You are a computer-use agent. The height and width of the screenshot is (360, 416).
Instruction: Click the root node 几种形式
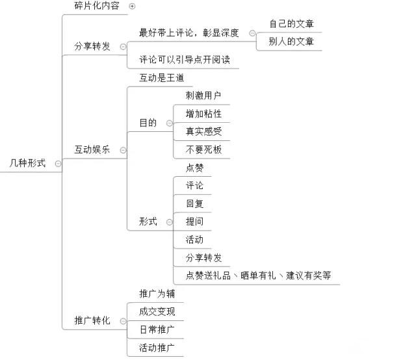pos(27,164)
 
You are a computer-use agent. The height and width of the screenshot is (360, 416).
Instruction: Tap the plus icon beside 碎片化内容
pos(133,6)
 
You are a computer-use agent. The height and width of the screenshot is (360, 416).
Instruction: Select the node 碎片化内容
pos(96,6)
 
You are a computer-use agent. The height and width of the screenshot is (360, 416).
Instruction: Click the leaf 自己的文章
pos(292,24)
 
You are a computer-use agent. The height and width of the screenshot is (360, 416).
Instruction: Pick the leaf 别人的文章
pos(292,42)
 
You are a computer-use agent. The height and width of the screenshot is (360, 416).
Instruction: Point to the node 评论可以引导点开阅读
pos(185,60)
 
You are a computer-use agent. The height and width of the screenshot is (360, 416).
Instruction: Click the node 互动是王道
pos(162,78)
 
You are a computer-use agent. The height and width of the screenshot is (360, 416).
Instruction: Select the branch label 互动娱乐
pos(92,149)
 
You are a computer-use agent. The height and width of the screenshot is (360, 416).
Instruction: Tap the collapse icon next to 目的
pos(169,123)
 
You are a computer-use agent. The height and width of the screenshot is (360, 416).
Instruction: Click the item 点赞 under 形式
pos(194,167)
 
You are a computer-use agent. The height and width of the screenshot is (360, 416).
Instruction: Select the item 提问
pos(194,222)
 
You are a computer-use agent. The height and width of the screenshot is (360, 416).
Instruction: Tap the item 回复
pos(194,203)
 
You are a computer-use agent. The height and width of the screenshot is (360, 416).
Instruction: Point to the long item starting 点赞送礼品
pos(258,276)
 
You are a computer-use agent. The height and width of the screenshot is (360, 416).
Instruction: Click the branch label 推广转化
pos(92,320)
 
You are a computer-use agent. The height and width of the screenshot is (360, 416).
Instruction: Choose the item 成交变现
pos(157,311)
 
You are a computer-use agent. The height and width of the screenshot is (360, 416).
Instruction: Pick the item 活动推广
pos(157,348)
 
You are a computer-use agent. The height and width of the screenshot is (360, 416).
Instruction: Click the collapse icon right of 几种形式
pos(58,164)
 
